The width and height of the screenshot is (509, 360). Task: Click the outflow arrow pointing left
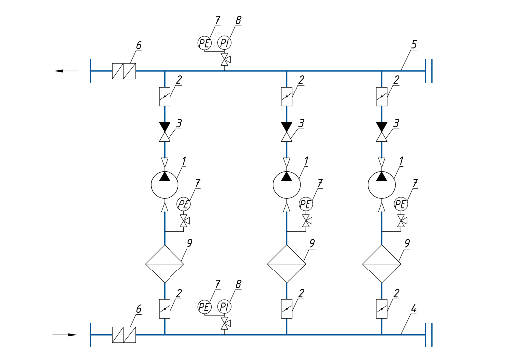[x=66, y=71]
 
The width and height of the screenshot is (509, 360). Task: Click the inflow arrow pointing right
[x=65, y=335]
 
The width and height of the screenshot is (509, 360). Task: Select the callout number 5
[x=413, y=44]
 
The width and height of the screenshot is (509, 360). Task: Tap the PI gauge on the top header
[x=224, y=43]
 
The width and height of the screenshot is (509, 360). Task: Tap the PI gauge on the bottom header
[x=224, y=306]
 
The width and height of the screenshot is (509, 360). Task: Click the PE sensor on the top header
[x=204, y=43]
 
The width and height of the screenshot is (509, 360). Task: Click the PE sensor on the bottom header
[x=204, y=306]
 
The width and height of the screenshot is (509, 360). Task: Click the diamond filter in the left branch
[x=165, y=264]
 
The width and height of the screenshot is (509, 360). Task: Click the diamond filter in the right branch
[x=381, y=264]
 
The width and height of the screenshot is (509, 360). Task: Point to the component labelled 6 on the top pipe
[x=124, y=71]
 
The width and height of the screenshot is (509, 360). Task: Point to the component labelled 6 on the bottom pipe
[x=124, y=335]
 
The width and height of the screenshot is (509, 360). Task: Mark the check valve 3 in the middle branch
[x=286, y=132]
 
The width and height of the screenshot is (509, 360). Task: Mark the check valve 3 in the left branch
[x=165, y=132]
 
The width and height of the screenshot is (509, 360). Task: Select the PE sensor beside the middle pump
[x=306, y=204]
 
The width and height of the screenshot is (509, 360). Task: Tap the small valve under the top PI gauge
[x=224, y=61]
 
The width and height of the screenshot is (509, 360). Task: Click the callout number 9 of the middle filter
[x=312, y=242]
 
